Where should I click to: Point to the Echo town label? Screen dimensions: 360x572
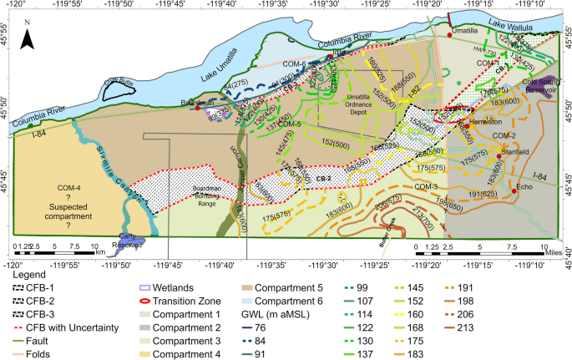click(524, 187)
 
